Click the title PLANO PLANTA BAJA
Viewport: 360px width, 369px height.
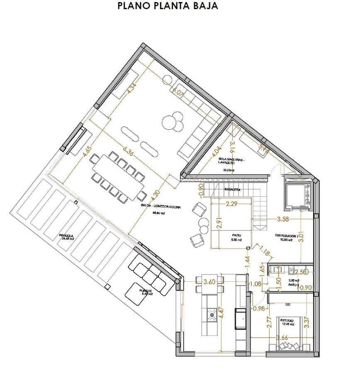[168, 6]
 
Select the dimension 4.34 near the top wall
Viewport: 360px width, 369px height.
[132, 89]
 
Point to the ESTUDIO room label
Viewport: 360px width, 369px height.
[287, 321]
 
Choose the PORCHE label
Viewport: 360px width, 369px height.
[146, 291]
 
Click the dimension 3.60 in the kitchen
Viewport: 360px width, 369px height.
[209, 283]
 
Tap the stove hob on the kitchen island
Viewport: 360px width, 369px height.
[212, 315]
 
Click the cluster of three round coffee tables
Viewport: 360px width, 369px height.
[173, 122]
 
